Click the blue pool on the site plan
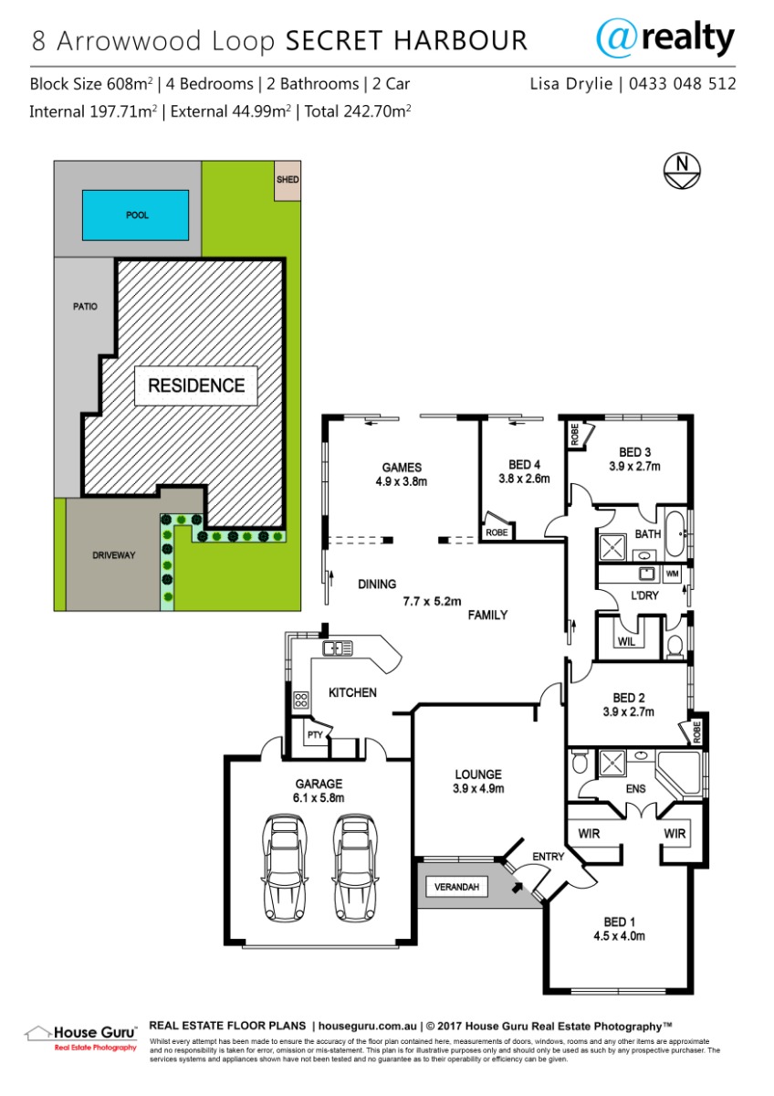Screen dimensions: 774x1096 135,216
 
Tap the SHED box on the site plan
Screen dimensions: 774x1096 287,180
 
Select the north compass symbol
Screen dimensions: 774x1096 682,172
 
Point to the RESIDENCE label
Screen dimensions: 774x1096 196,385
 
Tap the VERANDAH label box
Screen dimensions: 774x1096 456,887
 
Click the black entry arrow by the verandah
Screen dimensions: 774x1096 517,887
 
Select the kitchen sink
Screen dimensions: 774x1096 338,648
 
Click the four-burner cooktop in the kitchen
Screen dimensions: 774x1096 300,700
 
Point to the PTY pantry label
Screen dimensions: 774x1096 315,734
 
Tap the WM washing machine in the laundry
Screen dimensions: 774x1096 673,574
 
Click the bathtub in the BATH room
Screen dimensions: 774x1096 675,533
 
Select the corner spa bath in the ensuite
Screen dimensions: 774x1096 680,775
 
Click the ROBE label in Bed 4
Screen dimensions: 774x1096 497,532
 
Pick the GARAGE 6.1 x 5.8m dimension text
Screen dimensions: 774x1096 319,791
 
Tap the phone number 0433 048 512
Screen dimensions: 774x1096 682,84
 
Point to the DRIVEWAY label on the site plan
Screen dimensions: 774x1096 113,555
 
